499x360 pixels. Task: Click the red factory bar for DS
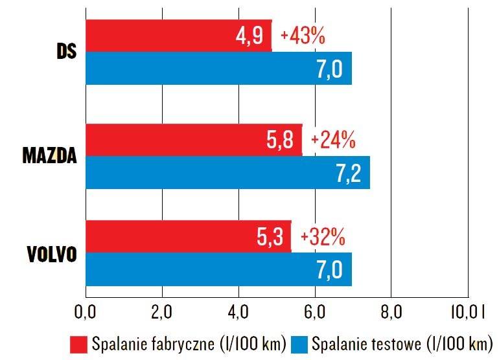pyautogui.click(x=178, y=36)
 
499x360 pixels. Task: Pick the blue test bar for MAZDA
pyautogui.click(x=227, y=172)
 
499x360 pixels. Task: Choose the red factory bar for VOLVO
pyautogui.click(x=188, y=236)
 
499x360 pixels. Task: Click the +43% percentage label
pyautogui.click(x=302, y=36)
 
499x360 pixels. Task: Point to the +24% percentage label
pyautogui.click(x=334, y=139)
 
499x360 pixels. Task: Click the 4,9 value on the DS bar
pyautogui.click(x=250, y=36)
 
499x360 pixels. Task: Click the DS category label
pyautogui.click(x=65, y=52)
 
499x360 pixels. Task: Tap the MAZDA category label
pyautogui.click(x=49, y=155)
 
